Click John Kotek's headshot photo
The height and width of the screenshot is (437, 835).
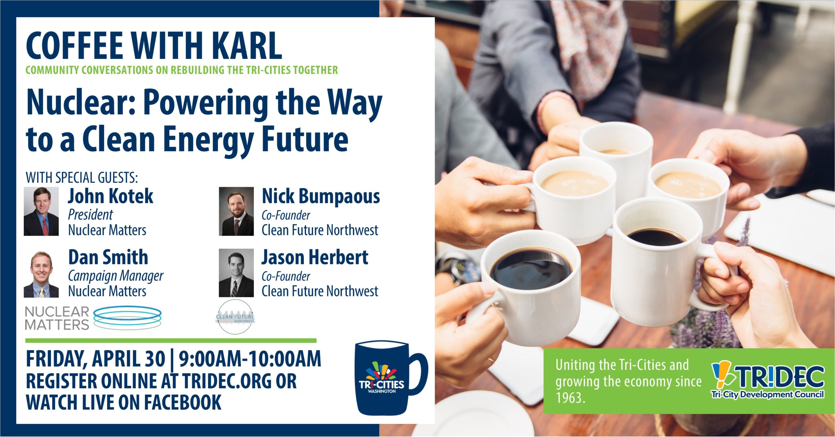click(41, 211)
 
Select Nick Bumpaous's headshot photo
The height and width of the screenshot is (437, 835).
click(236, 211)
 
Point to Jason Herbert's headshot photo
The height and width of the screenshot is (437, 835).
click(236, 273)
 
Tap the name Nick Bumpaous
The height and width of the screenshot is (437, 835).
click(321, 196)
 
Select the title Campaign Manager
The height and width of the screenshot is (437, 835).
click(115, 276)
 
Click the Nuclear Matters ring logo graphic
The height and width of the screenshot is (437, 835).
click(127, 317)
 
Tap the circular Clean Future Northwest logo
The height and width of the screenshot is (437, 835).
click(235, 317)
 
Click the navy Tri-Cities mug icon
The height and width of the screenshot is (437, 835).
click(388, 378)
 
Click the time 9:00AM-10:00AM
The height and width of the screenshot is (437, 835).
click(250, 359)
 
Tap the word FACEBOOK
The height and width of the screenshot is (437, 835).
click(183, 402)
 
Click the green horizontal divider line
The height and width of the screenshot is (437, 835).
click(171, 341)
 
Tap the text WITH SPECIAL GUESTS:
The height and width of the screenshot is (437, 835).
click(82, 178)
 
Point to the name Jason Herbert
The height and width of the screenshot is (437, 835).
click(315, 257)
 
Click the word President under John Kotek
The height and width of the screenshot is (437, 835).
click(90, 215)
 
